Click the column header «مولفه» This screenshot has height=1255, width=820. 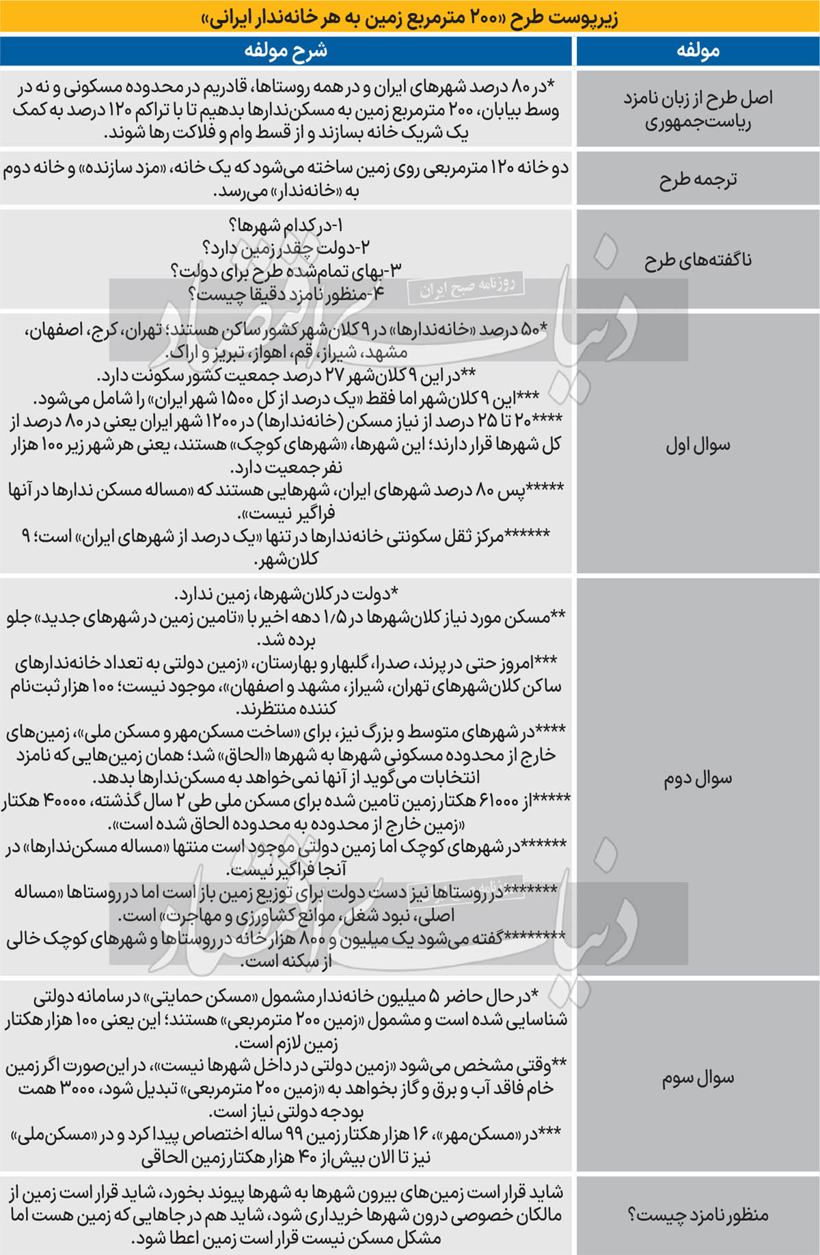tap(698, 51)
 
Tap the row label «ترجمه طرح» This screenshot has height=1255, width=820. tap(698, 180)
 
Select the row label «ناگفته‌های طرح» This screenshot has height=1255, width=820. tap(698, 260)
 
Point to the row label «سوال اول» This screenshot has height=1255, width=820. tap(698, 445)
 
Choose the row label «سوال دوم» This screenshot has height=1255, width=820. tap(698, 778)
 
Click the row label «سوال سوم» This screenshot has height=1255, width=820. tap(698, 1078)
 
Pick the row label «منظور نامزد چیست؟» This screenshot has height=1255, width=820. tap(698, 1215)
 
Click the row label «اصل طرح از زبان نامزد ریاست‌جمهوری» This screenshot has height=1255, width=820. tap(698, 109)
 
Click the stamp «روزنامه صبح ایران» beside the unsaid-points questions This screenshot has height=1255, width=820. tap(467, 287)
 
